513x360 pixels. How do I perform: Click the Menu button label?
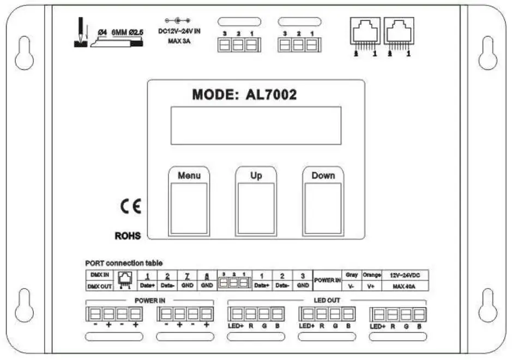coord(189,175)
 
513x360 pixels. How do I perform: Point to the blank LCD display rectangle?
coord(256,125)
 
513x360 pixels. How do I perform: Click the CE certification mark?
coord(131,206)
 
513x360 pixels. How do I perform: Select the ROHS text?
coord(128,236)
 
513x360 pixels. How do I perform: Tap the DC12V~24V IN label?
coord(179,31)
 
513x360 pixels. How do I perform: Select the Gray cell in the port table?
coord(352,275)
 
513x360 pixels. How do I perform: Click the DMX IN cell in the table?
coord(99,275)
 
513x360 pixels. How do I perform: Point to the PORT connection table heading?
coord(124,263)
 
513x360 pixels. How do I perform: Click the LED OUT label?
coord(327,300)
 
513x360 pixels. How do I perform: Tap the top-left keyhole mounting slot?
coord(25,53)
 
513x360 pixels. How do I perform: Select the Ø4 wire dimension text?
coord(101,33)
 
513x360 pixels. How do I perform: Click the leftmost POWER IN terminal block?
coord(113,314)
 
